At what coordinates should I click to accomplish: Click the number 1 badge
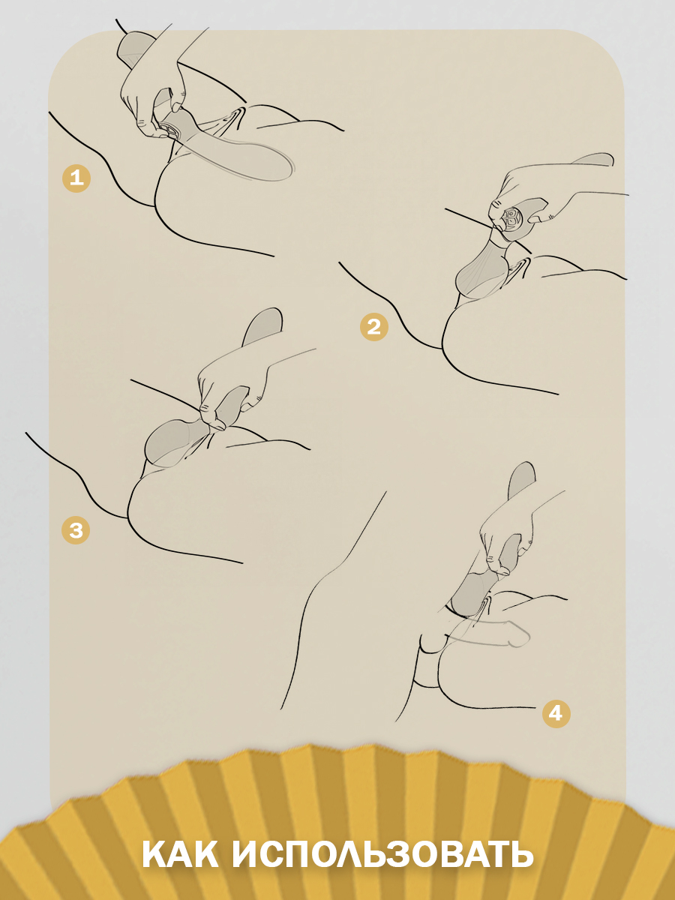click(x=76, y=178)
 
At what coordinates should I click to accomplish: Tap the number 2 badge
click(x=373, y=327)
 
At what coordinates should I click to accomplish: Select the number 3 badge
click(x=76, y=530)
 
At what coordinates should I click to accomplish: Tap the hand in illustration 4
click(x=508, y=541)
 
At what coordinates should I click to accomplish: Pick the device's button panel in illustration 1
click(x=170, y=130)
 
